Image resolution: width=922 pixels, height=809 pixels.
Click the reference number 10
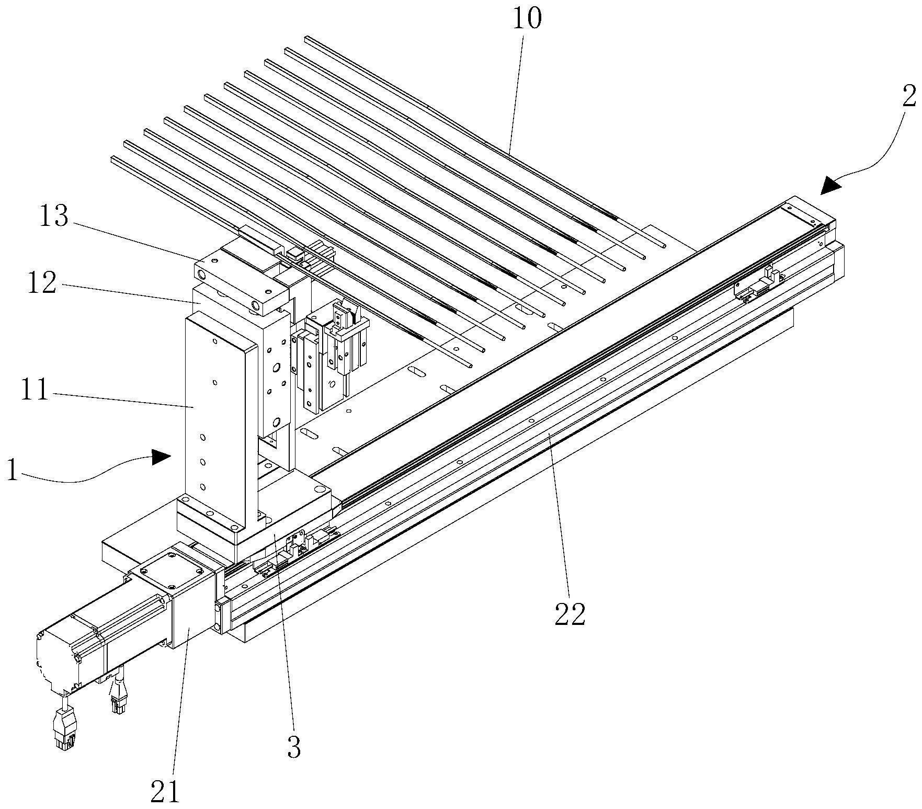pyautogui.click(x=527, y=19)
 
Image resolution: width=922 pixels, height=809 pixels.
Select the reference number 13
pyautogui.click(x=54, y=215)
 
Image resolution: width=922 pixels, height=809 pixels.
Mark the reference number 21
pyautogui.click(x=165, y=791)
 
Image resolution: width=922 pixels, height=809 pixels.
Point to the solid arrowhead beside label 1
pyautogui.click(x=162, y=458)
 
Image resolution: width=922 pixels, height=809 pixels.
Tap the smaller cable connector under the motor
pyautogui.click(x=118, y=701)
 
